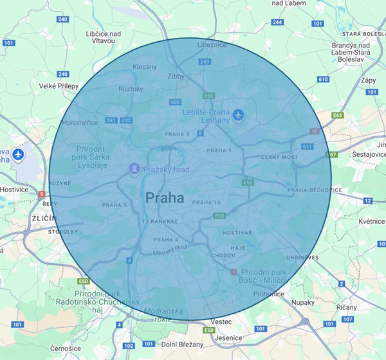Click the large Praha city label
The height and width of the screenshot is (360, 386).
coord(165,198)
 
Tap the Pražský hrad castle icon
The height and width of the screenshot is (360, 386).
coord(134,169)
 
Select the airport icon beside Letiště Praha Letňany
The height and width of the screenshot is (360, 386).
coord(239,115)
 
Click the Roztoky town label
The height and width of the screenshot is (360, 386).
coord(131,89)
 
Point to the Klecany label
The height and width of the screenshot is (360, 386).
coord(144,67)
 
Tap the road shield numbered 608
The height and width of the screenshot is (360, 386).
coord(176,102)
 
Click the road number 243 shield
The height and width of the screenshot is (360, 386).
coord(205,62)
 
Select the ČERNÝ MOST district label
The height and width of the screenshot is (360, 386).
coord(280,157)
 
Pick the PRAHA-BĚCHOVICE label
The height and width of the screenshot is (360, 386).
coord(315,190)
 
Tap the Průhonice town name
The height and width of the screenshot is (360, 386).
coord(269,294)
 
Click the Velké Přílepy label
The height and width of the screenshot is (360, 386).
coord(59,85)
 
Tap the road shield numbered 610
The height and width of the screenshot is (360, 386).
coord(322,79)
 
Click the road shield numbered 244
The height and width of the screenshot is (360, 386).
coord(277,22)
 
